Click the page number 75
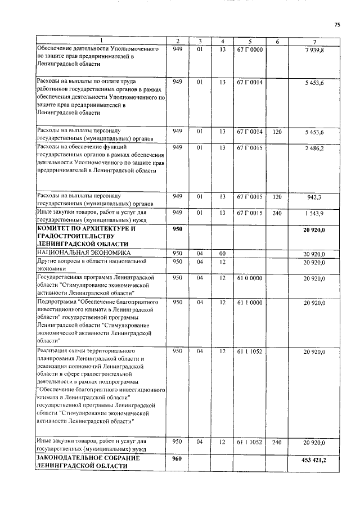337,25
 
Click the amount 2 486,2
314,148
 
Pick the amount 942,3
316,197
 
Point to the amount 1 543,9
314,214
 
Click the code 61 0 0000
249,278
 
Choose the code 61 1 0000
249,303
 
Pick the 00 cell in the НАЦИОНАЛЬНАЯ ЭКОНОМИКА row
223,254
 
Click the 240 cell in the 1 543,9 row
276,213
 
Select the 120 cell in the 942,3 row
276,197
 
